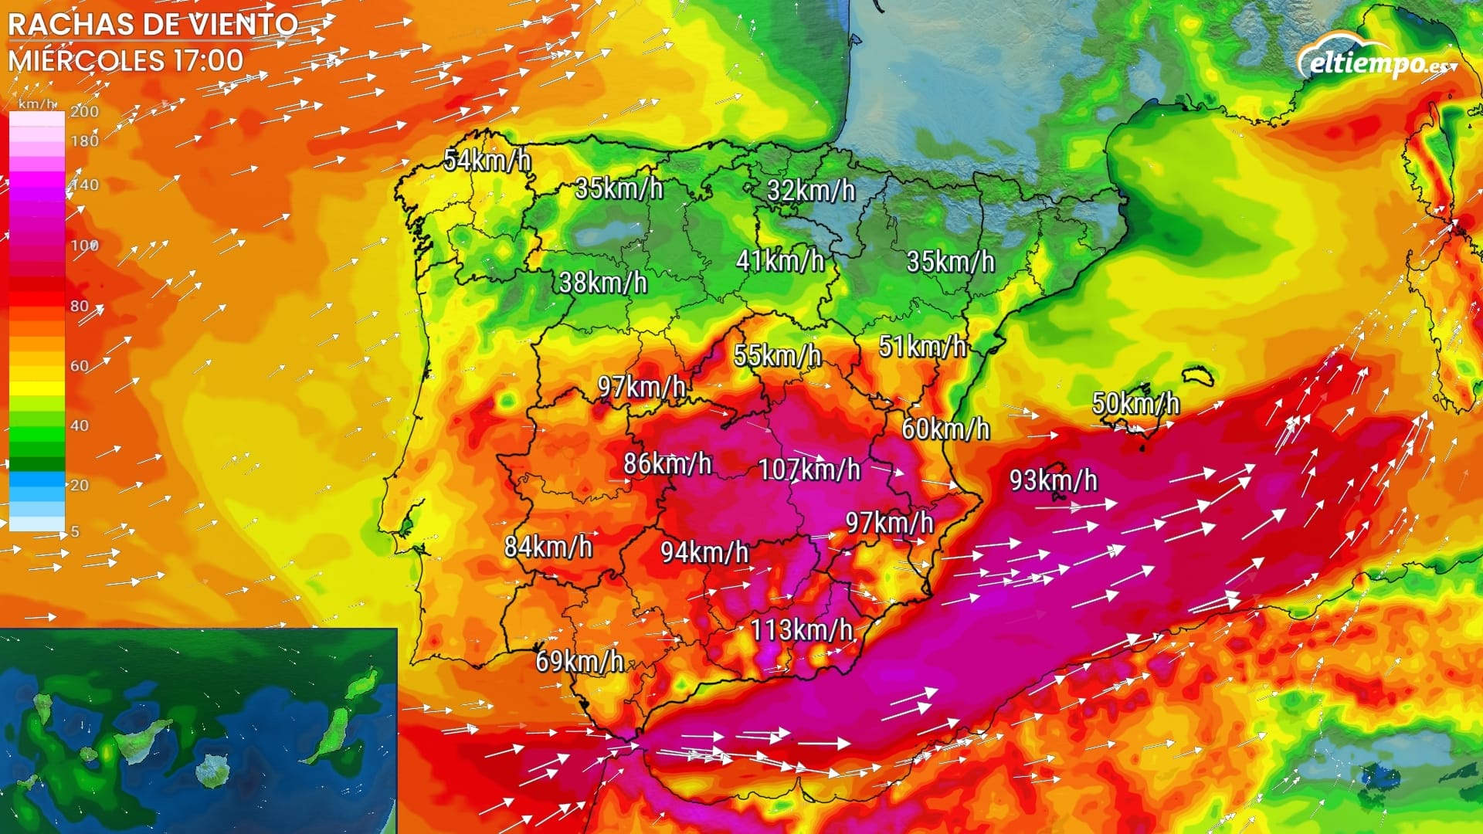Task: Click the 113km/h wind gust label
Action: coord(802,630)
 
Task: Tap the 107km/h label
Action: coord(809,470)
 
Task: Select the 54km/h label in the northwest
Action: coord(487,161)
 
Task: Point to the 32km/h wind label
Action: coord(811,190)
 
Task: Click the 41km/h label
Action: coord(780,261)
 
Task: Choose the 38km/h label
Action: coord(602,283)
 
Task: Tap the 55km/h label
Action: coord(777,355)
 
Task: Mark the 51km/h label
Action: coord(922,347)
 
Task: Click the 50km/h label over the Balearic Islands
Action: coord(1135,403)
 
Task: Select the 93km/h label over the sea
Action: coord(1053,480)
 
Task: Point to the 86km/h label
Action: coord(667,463)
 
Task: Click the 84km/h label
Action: coord(548,547)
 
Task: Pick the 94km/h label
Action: coord(704,552)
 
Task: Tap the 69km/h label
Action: coord(579,661)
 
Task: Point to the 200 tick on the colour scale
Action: coord(85,111)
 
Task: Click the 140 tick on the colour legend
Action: coord(85,185)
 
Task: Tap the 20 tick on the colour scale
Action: coord(80,485)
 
